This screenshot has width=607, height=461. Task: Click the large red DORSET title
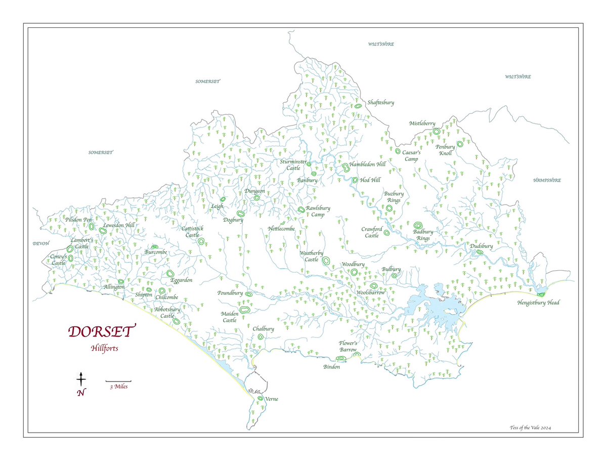pyautogui.click(x=102, y=331)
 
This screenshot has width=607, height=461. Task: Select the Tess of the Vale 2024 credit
pyautogui.click(x=530, y=428)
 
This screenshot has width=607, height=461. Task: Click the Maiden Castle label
pyautogui.click(x=229, y=317)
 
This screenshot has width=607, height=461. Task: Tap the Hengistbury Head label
pyautogui.click(x=538, y=303)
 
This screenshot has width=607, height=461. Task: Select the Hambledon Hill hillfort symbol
pyautogui.click(x=345, y=167)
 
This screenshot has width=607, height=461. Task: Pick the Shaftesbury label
pyautogui.click(x=380, y=102)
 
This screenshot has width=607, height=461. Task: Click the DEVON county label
pyautogui.click(x=40, y=243)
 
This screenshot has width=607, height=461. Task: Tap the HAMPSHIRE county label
pyautogui.click(x=546, y=180)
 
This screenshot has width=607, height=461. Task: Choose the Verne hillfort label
pyautogui.click(x=271, y=399)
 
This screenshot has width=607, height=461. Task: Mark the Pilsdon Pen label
pyautogui.click(x=78, y=220)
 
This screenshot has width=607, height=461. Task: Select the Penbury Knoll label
pyautogui.click(x=446, y=150)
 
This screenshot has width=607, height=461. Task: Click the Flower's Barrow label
pyautogui.click(x=348, y=346)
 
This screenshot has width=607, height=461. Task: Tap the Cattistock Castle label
pyautogui.click(x=192, y=232)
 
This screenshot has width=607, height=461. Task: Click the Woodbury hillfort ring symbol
pyautogui.click(x=354, y=272)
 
